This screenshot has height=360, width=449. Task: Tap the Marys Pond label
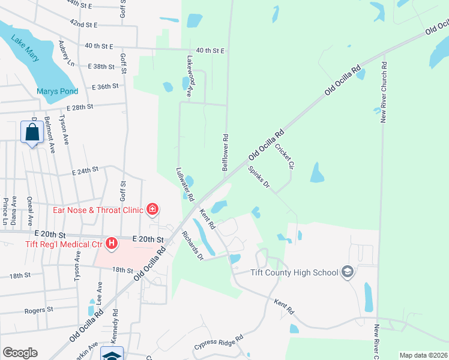57,92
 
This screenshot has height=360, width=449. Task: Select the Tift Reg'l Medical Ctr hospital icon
111,244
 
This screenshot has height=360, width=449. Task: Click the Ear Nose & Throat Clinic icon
153,209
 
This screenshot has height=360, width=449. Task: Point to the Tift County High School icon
347,272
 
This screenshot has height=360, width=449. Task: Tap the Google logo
20,353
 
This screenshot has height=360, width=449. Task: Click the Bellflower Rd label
226,153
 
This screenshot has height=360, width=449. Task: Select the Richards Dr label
193,245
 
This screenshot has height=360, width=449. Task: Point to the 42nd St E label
83,24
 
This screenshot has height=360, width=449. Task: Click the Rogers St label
39,311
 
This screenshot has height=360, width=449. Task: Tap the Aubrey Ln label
66,54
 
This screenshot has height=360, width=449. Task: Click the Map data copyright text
424,355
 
